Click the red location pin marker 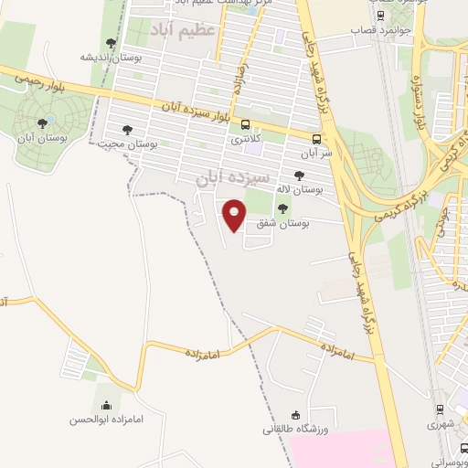(x=235, y=215)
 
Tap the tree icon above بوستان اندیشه (x=111, y=42)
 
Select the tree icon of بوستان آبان (x=42, y=122)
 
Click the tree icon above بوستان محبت (x=126, y=130)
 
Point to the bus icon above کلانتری (x=245, y=125)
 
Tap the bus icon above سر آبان (x=316, y=140)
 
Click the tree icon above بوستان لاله (x=299, y=175)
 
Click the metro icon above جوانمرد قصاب (x=380, y=16)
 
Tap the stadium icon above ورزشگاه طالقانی (x=294, y=415)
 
